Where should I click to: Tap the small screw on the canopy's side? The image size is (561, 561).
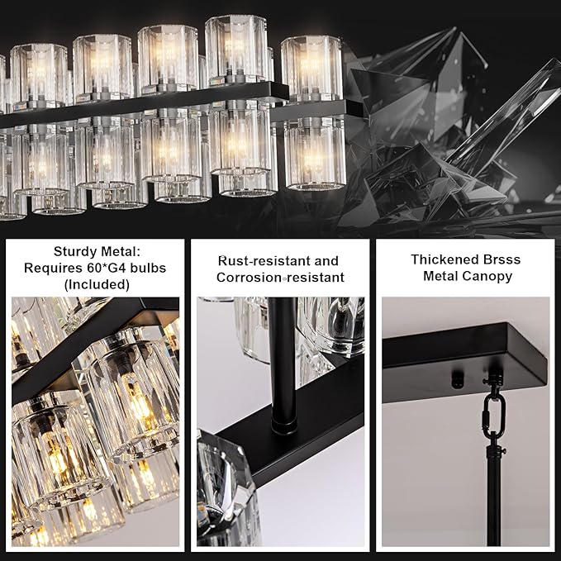(454, 381)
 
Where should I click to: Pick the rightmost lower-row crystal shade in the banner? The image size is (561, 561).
(315, 152)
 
